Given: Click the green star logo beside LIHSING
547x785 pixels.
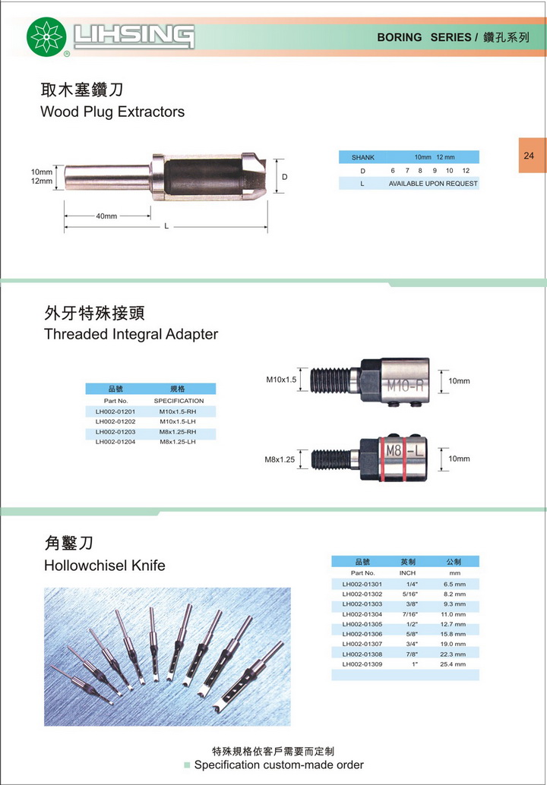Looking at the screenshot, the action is point(46,36).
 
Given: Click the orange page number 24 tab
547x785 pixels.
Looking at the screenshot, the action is point(532,156).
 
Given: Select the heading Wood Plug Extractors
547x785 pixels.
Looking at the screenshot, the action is point(112,112).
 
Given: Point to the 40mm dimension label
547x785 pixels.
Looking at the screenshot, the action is point(106,216).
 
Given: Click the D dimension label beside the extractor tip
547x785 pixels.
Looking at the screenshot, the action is point(285,177).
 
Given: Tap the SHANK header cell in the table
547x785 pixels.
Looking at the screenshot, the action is point(362,157).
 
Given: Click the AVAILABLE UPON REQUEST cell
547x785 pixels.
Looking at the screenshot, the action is point(433,184).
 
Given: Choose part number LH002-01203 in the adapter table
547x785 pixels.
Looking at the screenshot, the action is point(115,431).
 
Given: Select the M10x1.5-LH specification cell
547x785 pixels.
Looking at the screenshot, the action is point(177,421).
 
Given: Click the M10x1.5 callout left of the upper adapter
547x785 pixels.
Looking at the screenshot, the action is point(281,380).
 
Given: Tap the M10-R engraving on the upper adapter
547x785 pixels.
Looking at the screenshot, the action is point(405,385).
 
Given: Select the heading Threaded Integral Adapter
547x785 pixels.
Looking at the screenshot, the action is point(131,334).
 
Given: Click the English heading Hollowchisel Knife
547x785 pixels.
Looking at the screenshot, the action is point(105,566).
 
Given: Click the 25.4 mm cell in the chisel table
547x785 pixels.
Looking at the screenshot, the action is point(453,664).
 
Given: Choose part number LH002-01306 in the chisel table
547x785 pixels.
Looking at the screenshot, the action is point(362,635).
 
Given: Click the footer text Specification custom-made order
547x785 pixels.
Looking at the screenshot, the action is point(279,765).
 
